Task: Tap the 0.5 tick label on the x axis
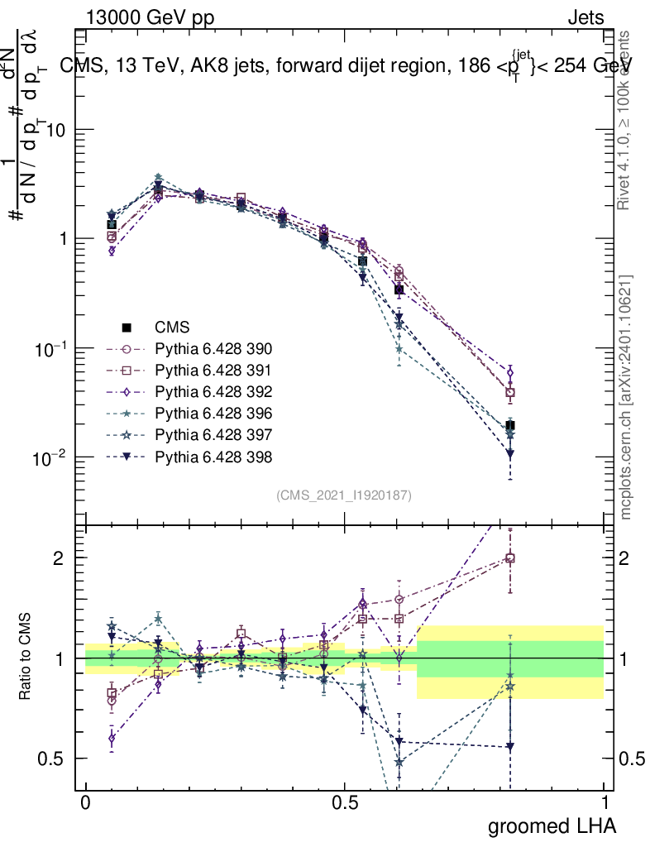(345, 803)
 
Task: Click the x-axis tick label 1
(605, 803)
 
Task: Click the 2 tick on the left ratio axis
(60, 558)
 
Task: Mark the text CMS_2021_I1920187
(344, 495)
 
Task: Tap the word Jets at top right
(585, 17)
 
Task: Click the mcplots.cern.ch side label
(627, 397)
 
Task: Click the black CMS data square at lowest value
(510, 426)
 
